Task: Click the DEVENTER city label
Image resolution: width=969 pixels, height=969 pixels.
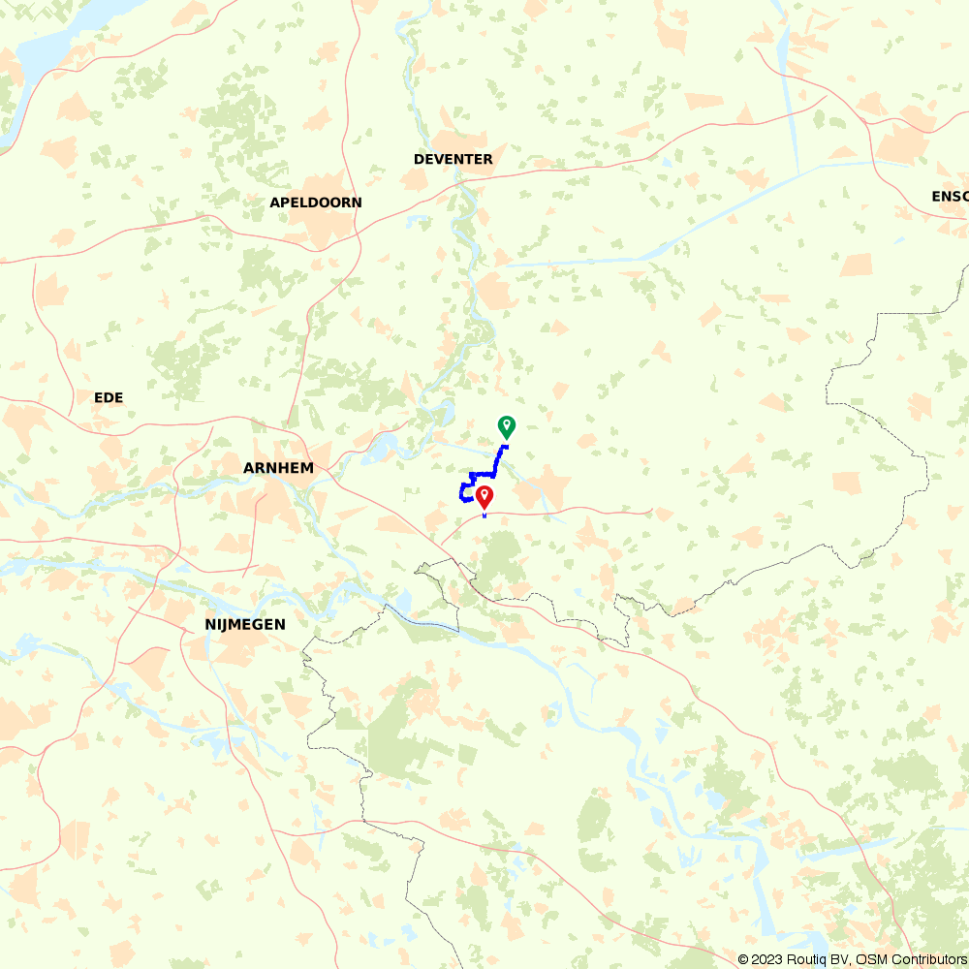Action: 453,159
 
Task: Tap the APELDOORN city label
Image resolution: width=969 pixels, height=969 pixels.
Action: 316,203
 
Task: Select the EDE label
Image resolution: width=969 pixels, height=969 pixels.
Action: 109,397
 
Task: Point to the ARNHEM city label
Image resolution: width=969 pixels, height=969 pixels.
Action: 278,468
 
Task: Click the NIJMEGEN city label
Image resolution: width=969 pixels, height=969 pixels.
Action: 245,625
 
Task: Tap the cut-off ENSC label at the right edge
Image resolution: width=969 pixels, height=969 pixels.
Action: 950,197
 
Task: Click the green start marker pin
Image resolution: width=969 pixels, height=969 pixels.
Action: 506,426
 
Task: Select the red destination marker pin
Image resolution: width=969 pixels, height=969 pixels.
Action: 484,497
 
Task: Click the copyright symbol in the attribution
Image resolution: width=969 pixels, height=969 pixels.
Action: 743,959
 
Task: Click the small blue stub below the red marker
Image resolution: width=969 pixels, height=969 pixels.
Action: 484,516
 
